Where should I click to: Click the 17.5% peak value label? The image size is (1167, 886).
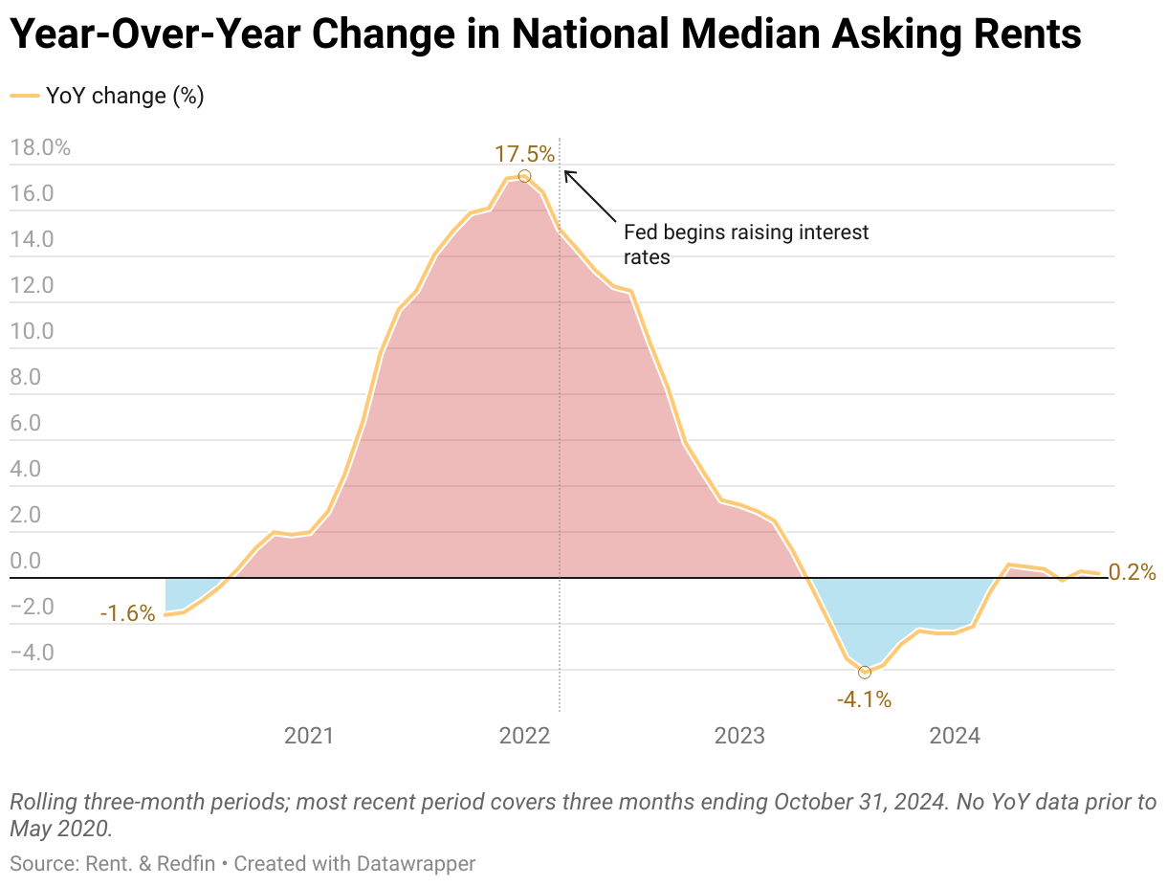[523, 153]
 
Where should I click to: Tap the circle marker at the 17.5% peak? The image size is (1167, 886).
[524, 176]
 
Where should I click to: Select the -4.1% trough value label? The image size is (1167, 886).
[864, 700]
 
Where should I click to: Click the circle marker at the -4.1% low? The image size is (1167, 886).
[865, 673]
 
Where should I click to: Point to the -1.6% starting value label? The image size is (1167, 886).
[127, 614]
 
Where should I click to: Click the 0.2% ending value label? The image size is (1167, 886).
[1133, 573]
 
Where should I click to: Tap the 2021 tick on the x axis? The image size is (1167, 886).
[309, 736]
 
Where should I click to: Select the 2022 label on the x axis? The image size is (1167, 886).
[524, 736]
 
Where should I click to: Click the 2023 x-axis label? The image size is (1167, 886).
[739, 736]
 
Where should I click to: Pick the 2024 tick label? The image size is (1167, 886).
[955, 736]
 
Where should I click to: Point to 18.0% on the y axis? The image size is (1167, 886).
[39, 147]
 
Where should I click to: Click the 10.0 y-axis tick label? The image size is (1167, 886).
[32, 331]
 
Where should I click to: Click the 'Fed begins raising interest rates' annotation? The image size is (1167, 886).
[746, 244]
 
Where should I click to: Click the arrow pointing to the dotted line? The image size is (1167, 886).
[590, 196]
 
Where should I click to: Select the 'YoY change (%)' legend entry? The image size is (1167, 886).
[107, 96]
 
